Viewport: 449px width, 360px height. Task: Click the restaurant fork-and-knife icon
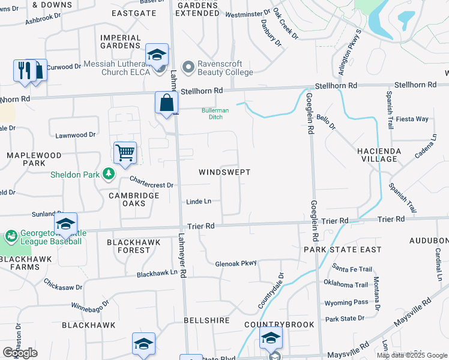pyautogui.click(x=23, y=70)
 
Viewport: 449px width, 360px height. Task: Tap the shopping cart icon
pyautogui.click(x=125, y=152)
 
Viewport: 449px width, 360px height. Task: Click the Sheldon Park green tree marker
pyautogui.click(x=109, y=173)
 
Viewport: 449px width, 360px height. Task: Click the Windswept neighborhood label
pyautogui.click(x=224, y=172)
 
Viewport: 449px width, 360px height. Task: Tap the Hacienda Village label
pyautogui.click(x=377, y=154)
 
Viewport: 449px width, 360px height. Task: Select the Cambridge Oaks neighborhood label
pyautogui.click(x=134, y=199)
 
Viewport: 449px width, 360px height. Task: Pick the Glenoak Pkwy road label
pyautogui.click(x=236, y=263)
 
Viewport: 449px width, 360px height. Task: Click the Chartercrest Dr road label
pyautogui.click(x=151, y=185)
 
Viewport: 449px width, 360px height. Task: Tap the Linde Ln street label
pyautogui.click(x=198, y=202)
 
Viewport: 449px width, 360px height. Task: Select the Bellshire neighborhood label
pyautogui.click(x=206, y=320)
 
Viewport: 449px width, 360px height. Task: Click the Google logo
pyautogui.click(x=20, y=353)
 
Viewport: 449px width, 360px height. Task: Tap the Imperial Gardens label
pyautogui.click(x=121, y=41)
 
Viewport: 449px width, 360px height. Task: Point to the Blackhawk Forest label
pyautogui.click(x=128, y=246)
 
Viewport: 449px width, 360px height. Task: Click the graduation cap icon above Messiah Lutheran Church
pyautogui.click(x=157, y=55)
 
